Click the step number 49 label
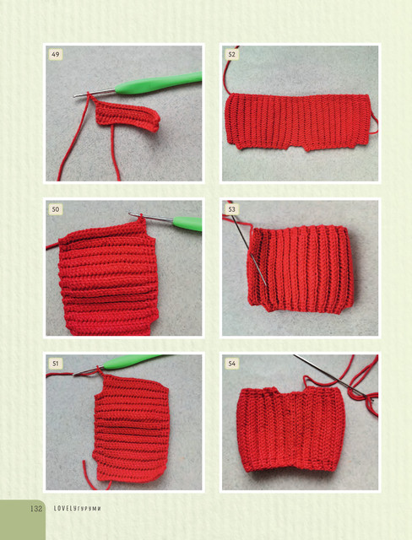tap(55, 54)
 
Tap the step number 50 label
tap(55, 209)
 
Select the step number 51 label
tap(55, 364)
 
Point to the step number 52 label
tap(231, 54)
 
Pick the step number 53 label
tap(231, 209)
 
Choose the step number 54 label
tap(231, 364)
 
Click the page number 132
tap(36, 508)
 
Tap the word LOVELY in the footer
tap(64, 508)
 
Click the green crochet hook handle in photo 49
tap(159, 84)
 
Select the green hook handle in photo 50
tap(187, 224)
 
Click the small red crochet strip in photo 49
tap(127, 116)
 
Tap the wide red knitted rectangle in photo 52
tap(298, 121)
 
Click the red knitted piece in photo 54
tap(291, 429)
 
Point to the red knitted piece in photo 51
tap(131, 427)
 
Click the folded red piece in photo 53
tap(301, 268)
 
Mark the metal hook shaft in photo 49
tap(94, 93)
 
